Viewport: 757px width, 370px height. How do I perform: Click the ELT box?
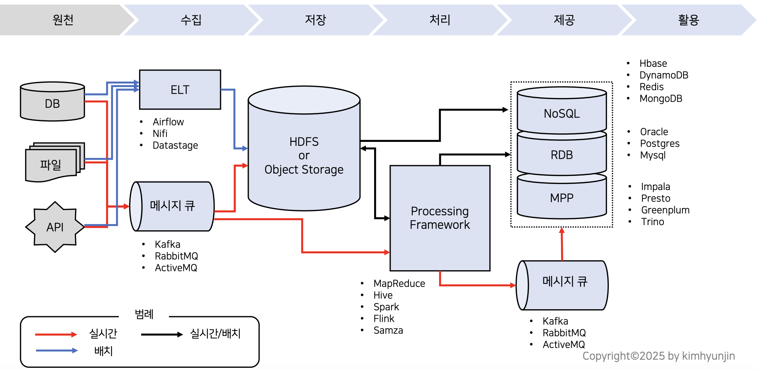coord(180,90)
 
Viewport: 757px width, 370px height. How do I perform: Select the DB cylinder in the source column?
coord(52,103)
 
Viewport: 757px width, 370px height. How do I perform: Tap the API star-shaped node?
coord(55,227)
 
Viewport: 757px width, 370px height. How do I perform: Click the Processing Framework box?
coord(440,218)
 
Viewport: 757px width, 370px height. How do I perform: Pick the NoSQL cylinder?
coord(562,113)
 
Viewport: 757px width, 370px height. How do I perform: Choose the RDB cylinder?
coord(562,155)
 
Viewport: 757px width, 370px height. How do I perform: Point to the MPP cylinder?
coord(562,198)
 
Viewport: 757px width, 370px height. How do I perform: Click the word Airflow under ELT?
coord(168,122)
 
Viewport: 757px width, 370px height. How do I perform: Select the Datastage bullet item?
coord(175,145)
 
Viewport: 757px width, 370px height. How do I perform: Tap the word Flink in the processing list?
coord(384,318)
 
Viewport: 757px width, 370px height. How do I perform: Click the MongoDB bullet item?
coord(660,98)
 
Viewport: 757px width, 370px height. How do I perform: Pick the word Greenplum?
coord(665,210)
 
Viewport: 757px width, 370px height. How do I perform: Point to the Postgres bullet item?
coord(660,143)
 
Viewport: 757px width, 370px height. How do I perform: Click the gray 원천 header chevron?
coord(63,20)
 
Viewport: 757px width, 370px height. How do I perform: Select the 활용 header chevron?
coord(688,20)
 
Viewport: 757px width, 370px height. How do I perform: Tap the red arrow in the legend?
coord(56,334)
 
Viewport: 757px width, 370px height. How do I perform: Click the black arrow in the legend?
coord(162,334)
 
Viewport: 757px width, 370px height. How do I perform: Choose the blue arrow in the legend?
coord(57,351)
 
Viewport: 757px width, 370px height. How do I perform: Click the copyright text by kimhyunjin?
coord(658,356)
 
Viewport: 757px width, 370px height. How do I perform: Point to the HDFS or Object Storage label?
coord(304,155)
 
